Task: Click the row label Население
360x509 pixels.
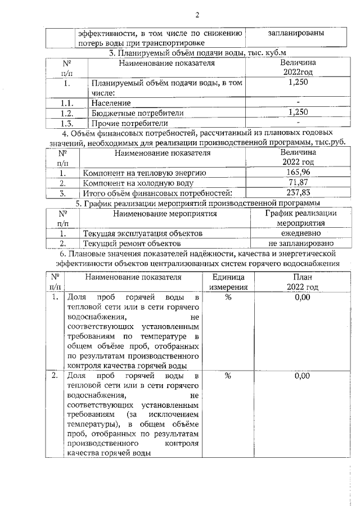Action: tap(112, 103)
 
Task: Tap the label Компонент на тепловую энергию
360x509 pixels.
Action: tap(145, 173)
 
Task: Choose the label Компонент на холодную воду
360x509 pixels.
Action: tap(138, 183)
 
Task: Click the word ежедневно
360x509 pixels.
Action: tap(301, 233)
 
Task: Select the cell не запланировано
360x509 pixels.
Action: tap(301, 244)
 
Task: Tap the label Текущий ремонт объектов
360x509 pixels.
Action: tap(132, 244)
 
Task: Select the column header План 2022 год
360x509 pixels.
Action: tap(302, 282)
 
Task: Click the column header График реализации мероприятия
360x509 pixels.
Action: tap(301, 218)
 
